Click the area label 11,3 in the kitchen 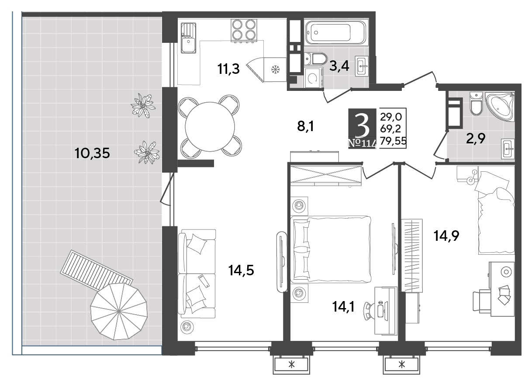point(228,69)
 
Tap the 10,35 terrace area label point(92,153)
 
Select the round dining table point(210,127)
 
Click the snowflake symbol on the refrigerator point(275,69)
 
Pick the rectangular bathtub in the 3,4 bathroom point(335,33)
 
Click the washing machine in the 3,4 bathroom point(313,78)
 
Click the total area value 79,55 point(393,141)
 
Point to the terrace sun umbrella point(119,312)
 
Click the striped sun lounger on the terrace point(97,271)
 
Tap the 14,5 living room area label point(241,271)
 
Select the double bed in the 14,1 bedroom point(331,249)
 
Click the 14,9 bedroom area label point(446,236)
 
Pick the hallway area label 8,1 point(305,127)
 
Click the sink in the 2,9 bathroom point(508,149)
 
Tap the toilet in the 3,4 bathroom point(316,59)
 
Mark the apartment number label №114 point(363,143)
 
